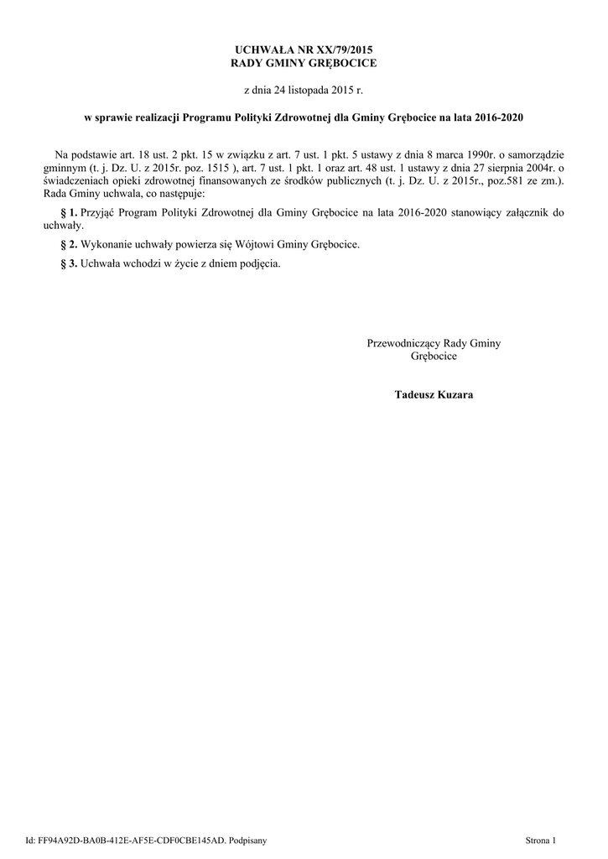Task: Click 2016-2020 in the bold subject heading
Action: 499,118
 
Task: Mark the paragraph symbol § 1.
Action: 70,213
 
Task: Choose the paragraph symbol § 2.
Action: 70,244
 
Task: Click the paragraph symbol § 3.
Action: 70,263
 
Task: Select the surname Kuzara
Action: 454,394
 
